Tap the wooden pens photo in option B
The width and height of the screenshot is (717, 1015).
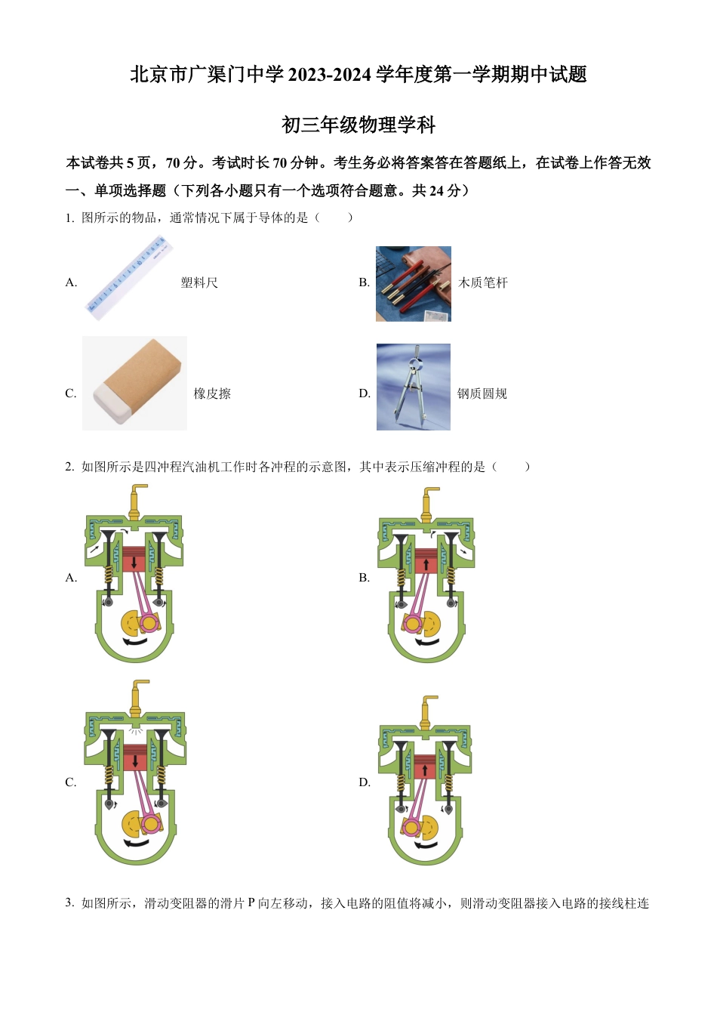point(413,283)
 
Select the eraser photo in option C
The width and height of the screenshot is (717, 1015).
point(134,383)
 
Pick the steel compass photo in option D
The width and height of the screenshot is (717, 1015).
point(413,387)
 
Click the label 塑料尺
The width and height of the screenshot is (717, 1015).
point(199,282)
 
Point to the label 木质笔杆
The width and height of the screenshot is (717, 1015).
point(483,282)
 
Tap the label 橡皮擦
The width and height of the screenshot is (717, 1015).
point(212,393)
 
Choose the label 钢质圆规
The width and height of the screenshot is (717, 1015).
point(482,393)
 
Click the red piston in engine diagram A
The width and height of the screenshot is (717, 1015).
point(134,560)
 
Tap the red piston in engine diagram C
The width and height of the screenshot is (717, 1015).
point(135,757)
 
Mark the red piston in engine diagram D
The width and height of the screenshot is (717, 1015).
point(425,768)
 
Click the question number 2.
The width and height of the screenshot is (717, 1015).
point(69,467)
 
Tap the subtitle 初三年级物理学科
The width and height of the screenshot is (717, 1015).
point(358,125)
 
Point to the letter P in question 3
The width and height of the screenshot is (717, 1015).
point(251,903)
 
